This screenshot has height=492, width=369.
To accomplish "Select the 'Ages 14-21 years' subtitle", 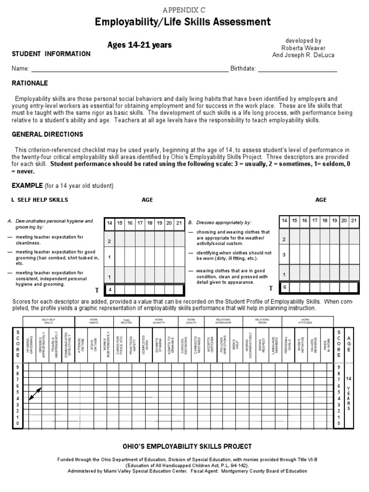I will point(139,45).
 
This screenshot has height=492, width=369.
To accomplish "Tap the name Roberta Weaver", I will point(303,48).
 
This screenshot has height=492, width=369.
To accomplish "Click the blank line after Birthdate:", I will point(297,69).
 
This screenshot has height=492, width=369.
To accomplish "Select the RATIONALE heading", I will point(30,83).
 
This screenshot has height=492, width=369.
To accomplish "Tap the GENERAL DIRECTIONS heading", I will point(47,135).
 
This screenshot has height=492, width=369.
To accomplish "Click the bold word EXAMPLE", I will point(28,185).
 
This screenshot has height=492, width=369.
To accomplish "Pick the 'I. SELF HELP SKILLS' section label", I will point(39,200).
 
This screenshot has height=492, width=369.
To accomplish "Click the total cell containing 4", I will point(110,290).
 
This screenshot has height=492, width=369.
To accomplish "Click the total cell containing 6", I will point(284,287).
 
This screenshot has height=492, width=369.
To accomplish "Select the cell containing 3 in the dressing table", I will point(284,255).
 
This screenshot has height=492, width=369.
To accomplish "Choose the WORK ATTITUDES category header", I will point(306,321).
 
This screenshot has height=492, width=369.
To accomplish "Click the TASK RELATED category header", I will point(126,321).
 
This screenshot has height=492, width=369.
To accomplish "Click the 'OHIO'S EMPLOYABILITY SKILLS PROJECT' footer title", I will point(187,446).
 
